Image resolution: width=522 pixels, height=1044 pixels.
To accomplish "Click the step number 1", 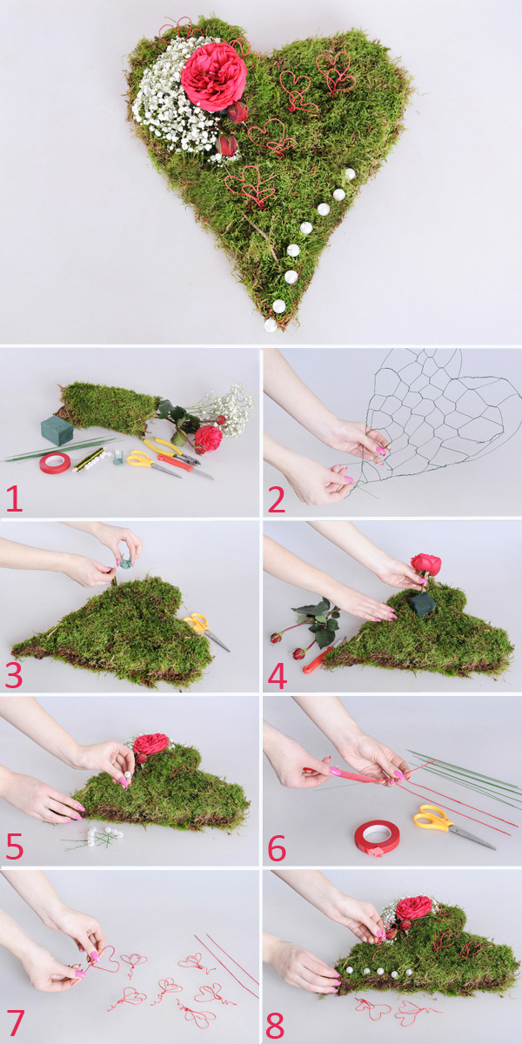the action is click(14, 499).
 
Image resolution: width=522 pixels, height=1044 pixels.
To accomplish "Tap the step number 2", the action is click(277, 499).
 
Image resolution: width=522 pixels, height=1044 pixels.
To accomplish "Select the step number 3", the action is click(14, 675).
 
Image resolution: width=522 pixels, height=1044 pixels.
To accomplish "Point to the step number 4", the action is click(278, 677).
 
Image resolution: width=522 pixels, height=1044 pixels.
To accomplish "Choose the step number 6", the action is click(277, 848).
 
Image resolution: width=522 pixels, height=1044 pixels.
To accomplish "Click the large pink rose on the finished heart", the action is click(213, 76).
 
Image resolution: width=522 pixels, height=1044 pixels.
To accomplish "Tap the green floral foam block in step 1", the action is click(57, 431).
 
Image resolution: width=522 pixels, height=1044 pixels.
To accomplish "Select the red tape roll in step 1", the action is click(55, 463).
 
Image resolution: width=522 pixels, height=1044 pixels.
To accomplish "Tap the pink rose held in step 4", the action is click(425, 565).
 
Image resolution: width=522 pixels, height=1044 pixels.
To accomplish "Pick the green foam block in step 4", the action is click(423, 604).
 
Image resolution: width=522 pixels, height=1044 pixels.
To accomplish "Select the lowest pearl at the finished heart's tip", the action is click(271, 325).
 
